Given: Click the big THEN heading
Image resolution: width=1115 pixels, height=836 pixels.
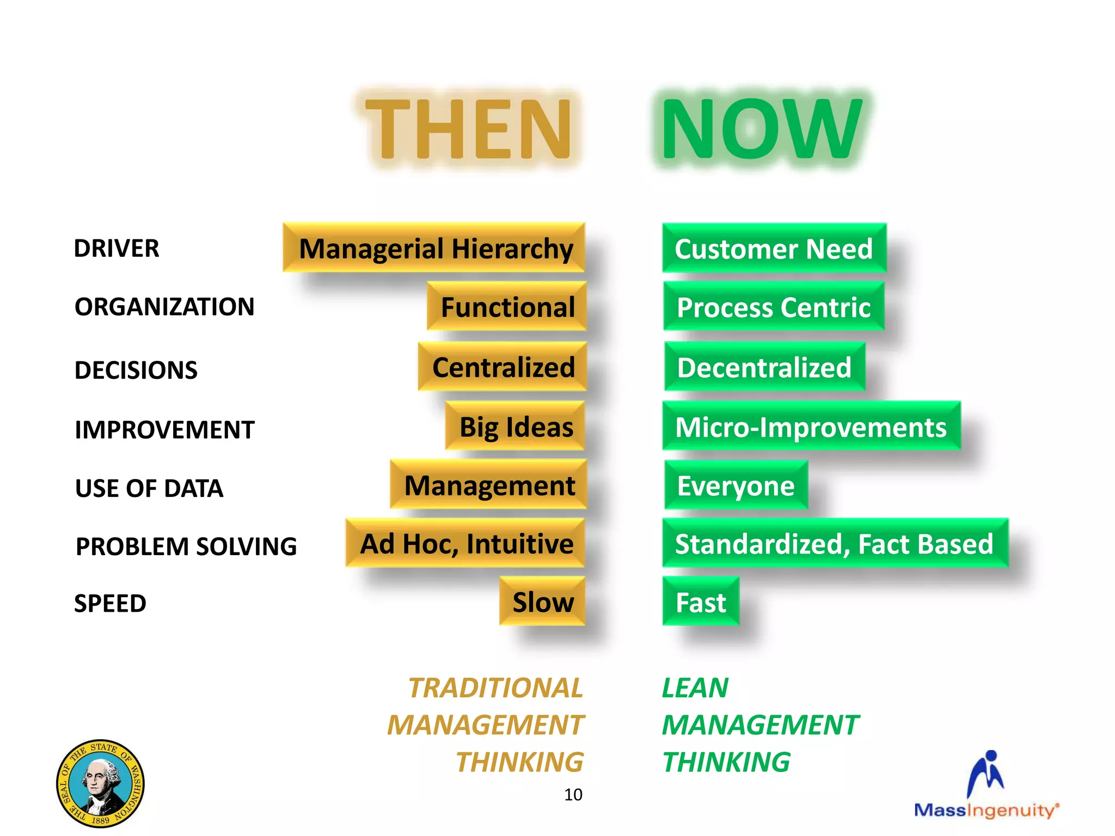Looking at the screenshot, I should (x=468, y=130).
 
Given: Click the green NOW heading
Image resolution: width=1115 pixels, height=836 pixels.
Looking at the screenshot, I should (x=761, y=130).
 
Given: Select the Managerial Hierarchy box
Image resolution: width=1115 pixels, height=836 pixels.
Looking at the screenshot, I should (x=434, y=248).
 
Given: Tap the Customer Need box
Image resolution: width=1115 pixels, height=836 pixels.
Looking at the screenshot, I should (x=774, y=248).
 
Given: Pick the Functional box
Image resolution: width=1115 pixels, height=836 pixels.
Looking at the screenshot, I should (x=507, y=306).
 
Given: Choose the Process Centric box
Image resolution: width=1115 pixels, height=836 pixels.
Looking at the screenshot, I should (x=774, y=307).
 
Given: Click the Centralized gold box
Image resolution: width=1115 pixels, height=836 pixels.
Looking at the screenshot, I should (x=503, y=366).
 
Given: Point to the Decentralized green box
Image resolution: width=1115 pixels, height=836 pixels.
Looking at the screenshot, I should (x=764, y=367).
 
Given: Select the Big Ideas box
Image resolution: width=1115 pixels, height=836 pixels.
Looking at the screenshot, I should (x=515, y=426).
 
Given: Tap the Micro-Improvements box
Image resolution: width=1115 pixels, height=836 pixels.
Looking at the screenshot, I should (x=811, y=427).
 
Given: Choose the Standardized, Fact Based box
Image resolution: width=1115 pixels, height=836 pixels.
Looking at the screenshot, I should (x=835, y=543).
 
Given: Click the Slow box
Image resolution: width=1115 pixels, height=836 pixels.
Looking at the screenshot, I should (x=542, y=601).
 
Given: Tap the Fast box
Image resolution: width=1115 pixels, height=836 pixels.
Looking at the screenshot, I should (x=701, y=602).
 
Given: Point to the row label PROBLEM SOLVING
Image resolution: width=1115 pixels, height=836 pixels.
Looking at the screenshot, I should (x=186, y=546).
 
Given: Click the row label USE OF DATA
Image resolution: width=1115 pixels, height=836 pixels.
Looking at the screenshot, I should (x=149, y=488).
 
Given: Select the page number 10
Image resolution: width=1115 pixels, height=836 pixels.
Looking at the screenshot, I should (x=573, y=795).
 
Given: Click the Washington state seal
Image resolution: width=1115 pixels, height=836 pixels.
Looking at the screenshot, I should (x=100, y=783).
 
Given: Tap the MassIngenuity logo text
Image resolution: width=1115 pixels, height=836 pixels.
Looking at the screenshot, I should (x=986, y=810).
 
